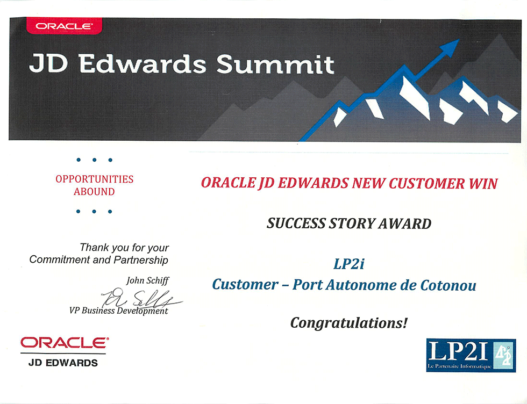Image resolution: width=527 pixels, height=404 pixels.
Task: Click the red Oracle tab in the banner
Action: click(x=64, y=26)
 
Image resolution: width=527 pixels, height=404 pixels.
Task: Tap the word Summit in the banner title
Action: click(x=275, y=64)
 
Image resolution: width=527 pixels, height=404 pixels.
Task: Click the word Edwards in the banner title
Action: click(x=143, y=64)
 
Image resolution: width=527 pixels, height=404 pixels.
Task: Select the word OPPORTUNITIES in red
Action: click(x=95, y=179)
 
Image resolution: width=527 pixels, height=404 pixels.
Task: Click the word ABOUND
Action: click(x=94, y=192)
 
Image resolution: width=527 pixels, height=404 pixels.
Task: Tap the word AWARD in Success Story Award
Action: click(x=404, y=223)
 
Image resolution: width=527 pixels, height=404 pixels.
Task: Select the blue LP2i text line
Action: click(x=348, y=264)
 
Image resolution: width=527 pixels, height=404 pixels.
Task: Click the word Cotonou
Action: click(x=448, y=285)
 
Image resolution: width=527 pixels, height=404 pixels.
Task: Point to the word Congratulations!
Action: click(x=349, y=323)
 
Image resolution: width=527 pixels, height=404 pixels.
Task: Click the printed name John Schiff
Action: click(x=147, y=280)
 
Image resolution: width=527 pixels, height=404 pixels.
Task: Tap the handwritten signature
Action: click(x=141, y=297)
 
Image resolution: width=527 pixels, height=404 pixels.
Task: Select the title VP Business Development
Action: click(x=118, y=311)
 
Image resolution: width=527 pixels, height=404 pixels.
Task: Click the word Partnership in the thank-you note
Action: click(x=141, y=260)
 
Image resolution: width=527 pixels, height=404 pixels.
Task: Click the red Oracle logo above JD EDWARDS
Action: click(x=65, y=343)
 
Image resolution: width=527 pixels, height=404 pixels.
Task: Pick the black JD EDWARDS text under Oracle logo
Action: click(x=63, y=363)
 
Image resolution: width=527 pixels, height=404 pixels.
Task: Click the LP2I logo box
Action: click(x=471, y=355)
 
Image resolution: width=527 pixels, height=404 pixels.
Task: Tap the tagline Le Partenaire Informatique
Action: click(x=459, y=366)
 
